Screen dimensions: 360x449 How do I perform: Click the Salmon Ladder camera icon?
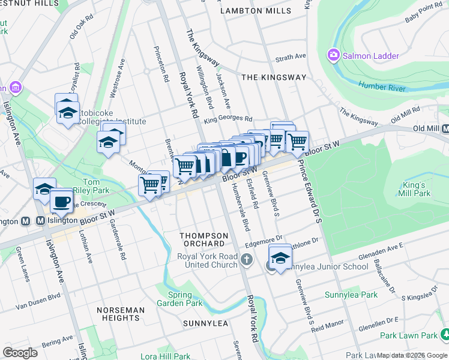tap(333, 56)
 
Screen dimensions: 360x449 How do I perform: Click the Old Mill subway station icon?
tap(445, 129)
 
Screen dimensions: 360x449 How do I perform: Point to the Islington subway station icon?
tap(25, 220)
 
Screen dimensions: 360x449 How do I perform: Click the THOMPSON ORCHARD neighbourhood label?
tap(204, 239)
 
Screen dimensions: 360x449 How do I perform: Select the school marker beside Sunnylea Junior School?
tap(279, 257)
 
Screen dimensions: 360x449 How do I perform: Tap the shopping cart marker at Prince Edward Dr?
tap(297, 142)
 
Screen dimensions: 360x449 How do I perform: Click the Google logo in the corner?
tap(20, 352)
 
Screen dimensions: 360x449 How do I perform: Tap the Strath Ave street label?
tap(291, 58)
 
